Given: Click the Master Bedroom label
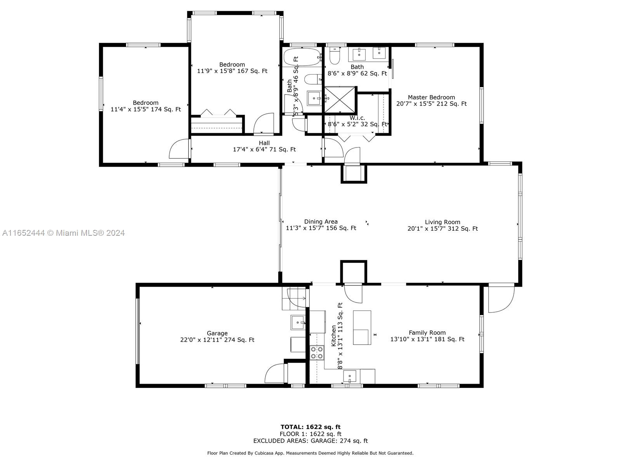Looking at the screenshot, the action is (431, 97).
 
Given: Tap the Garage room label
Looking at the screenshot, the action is (217, 333).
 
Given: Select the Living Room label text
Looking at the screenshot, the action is (442, 222).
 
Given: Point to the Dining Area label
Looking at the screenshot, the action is (321, 221).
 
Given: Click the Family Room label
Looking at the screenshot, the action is (427, 333).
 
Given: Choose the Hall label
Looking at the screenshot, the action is (264, 143).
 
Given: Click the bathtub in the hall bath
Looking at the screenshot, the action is (302, 57).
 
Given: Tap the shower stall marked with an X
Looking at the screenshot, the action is (340, 99).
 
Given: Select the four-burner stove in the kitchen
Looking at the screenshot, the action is (317, 353).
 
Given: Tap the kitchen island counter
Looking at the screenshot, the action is (362, 327).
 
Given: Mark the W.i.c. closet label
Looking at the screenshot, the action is (357, 118).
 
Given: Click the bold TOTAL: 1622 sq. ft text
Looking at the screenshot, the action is (310, 427).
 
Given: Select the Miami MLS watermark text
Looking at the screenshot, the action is (63, 233).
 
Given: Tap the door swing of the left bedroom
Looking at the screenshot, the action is (179, 149).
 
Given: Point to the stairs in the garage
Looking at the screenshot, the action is (294, 298).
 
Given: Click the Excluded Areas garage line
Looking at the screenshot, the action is (310, 440).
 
